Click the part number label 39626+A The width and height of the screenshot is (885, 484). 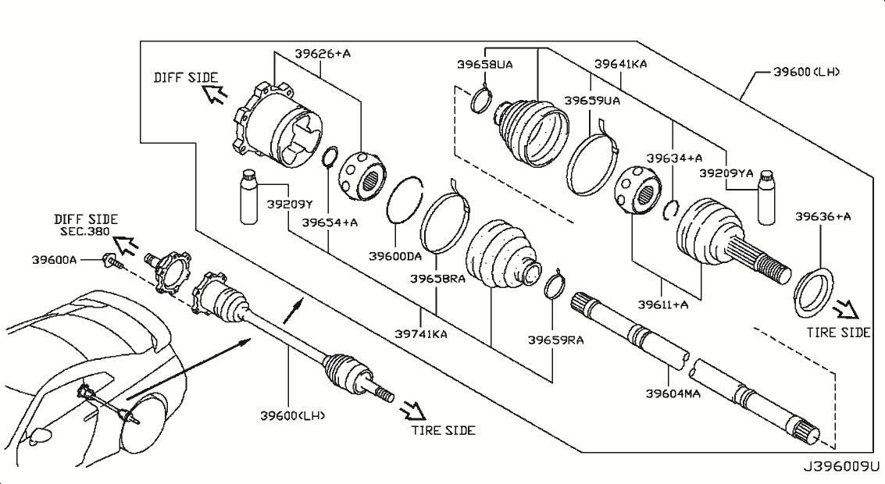coord(323,54)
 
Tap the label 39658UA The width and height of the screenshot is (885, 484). coord(485,65)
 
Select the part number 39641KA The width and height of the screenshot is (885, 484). coord(620,65)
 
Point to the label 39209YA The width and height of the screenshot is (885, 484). coord(726,174)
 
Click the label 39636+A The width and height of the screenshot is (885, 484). coord(822,215)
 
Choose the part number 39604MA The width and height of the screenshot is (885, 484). coord(673,393)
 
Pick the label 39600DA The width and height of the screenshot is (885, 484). coord(395,255)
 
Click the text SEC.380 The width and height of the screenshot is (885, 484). coord(83,232)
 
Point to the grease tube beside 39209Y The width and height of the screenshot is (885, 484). coord(250,197)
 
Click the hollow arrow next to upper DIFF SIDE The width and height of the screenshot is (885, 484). coord(215,95)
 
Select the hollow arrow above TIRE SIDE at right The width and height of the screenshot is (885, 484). coord(845,312)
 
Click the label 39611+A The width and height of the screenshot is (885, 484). coord(664,304)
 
